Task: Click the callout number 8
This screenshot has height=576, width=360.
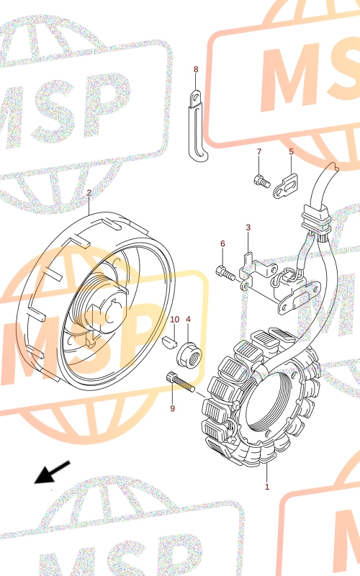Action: coord(196,69)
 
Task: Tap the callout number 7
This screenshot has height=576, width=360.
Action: coord(259,152)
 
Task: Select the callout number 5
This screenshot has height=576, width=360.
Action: coord(292,152)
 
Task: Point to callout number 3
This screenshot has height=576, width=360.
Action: coord(248,228)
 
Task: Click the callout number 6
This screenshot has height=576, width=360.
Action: coord(222,243)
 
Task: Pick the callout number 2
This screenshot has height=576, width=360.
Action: coord(89,193)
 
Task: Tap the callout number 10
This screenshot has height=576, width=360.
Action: coord(175,319)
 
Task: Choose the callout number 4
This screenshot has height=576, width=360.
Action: coord(188,319)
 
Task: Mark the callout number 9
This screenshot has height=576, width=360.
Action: coord(173,408)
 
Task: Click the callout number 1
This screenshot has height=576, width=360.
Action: coord(267,487)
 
